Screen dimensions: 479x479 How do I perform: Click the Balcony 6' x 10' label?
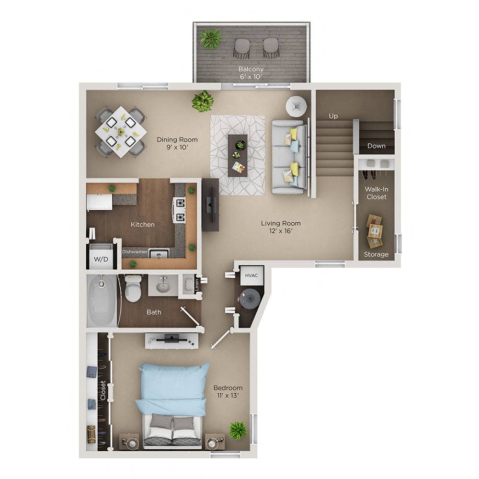[x=251, y=73]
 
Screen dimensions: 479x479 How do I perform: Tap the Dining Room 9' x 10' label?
[x=177, y=144]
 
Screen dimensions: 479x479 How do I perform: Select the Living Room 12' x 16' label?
[x=281, y=227]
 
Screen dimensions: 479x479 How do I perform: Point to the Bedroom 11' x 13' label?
[x=228, y=392]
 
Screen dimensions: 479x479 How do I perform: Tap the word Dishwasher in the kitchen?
[x=134, y=251]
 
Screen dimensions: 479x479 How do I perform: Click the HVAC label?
[x=251, y=275]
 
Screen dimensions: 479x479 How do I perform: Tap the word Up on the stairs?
[x=333, y=116]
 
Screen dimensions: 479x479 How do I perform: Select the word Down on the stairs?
[x=376, y=146]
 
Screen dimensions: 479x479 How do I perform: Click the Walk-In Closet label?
[x=376, y=193]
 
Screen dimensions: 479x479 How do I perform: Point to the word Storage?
[x=376, y=254]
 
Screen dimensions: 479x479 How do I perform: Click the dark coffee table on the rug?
[x=238, y=155]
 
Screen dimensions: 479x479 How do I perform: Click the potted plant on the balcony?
[x=211, y=39]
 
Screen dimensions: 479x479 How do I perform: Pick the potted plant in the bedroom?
[x=238, y=430]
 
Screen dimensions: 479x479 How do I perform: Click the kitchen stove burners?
[x=180, y=211]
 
